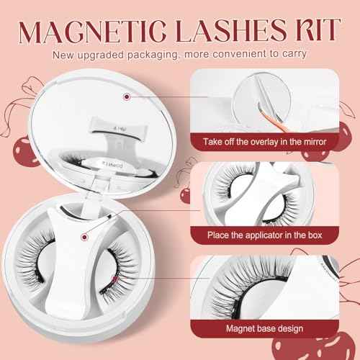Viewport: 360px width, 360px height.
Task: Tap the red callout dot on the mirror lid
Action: (127, 96)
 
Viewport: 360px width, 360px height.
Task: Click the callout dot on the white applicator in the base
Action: (86, 235)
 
